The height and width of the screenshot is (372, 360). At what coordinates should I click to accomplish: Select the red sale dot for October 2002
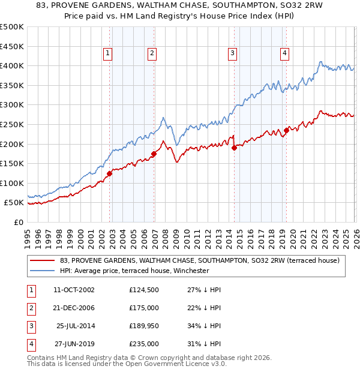click(109, 173)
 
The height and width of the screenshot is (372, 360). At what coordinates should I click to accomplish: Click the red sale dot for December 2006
click(154, 154)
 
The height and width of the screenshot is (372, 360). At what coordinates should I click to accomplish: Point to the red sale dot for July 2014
click(234, 148)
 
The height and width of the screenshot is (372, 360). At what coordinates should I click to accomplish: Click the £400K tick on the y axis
click(12, 65)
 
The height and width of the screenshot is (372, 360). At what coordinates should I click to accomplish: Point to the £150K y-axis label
click(12, 163)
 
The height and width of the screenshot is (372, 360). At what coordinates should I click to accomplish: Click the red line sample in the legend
click(42, 260)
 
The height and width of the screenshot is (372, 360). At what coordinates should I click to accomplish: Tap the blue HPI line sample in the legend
click(42, 271)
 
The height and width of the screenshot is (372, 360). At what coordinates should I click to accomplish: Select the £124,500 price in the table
click(144, 290)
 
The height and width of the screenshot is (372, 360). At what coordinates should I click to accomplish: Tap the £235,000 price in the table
click(144, 344)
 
